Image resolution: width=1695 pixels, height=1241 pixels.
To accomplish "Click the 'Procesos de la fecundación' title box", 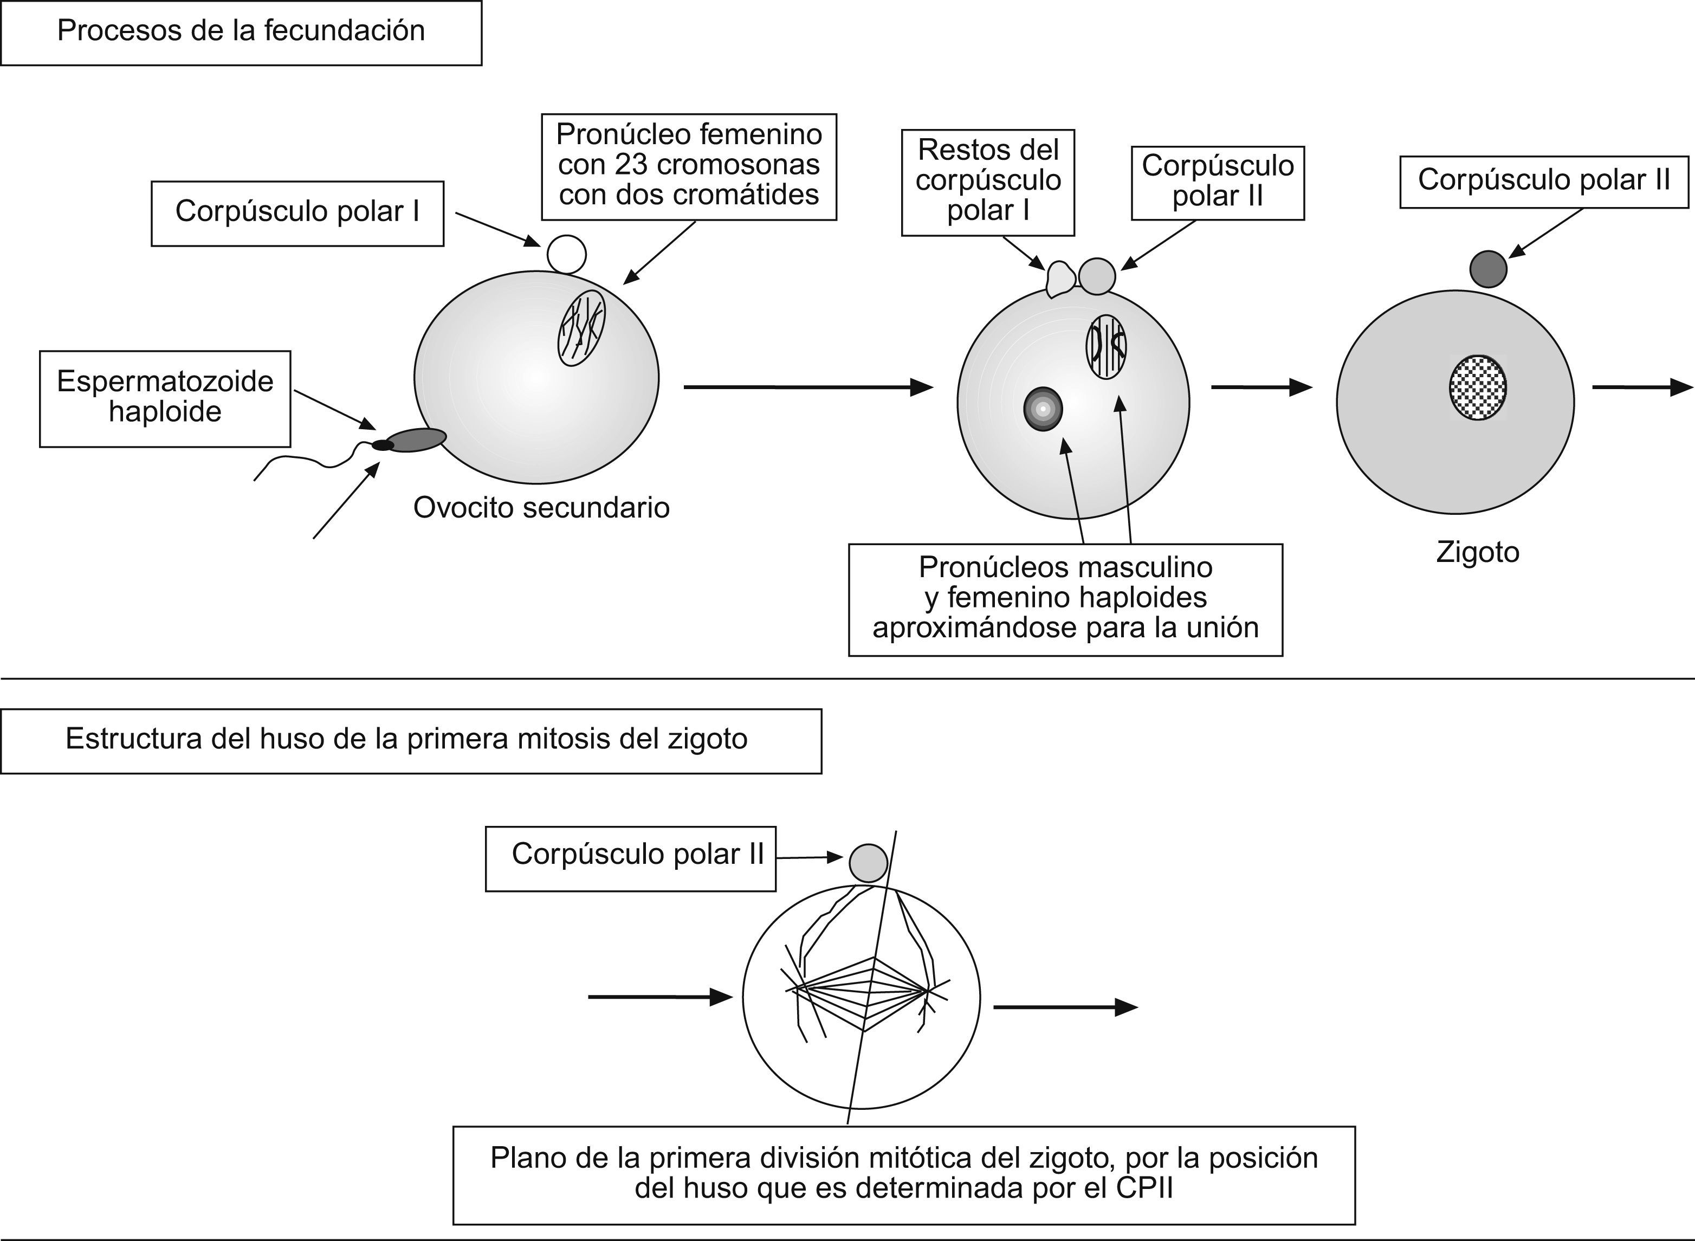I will click(240, 33).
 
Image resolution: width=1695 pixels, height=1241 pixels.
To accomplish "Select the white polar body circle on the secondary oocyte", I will click(566, 254).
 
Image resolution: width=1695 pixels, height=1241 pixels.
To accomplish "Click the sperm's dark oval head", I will click(417, 439).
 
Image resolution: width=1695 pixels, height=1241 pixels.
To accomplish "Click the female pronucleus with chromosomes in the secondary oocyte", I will click(581, 328).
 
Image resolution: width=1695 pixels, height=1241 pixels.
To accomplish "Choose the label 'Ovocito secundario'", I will click(541, 508).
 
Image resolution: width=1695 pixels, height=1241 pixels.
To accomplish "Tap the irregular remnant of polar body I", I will click(1060, 278).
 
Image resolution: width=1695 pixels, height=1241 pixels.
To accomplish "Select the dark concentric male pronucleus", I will click(1043, 409).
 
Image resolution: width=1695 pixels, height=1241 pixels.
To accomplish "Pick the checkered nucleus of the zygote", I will click(1477, 387).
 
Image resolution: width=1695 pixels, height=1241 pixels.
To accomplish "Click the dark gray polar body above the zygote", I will click(1487, 269).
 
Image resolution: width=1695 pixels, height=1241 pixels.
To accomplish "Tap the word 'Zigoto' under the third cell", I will click(1477, 552).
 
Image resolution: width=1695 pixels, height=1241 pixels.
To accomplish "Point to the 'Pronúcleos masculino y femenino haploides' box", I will click(1065, 599).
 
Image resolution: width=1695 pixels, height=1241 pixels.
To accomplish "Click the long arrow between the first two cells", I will click(807, 387).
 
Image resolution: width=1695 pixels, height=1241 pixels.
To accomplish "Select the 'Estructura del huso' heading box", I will click(410, 740).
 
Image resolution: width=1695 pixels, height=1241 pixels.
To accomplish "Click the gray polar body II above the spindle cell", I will click(868, 862).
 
